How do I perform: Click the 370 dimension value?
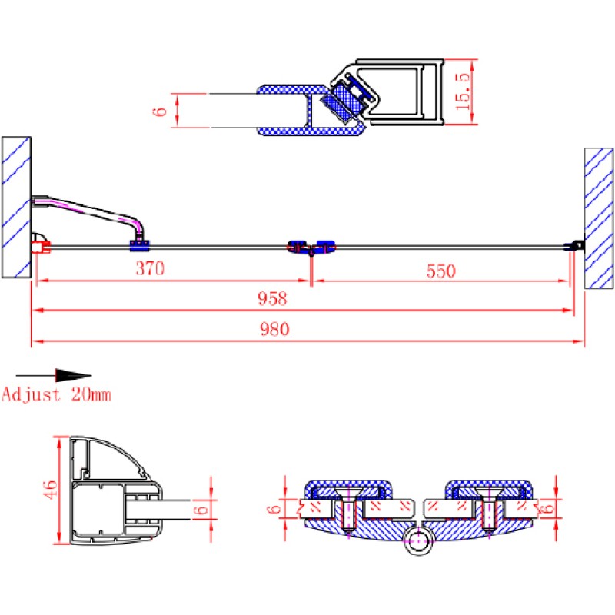[150, 268]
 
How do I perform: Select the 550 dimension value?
[440, 271]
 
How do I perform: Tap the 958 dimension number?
[272, 299]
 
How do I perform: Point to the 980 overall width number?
[274, 329]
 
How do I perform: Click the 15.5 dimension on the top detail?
[463, 91]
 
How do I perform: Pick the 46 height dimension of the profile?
[50, 490]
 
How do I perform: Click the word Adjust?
[32, 394]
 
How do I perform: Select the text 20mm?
[91, 394]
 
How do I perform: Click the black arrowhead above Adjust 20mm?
[73, 375]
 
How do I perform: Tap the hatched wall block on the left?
[16, 207]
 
